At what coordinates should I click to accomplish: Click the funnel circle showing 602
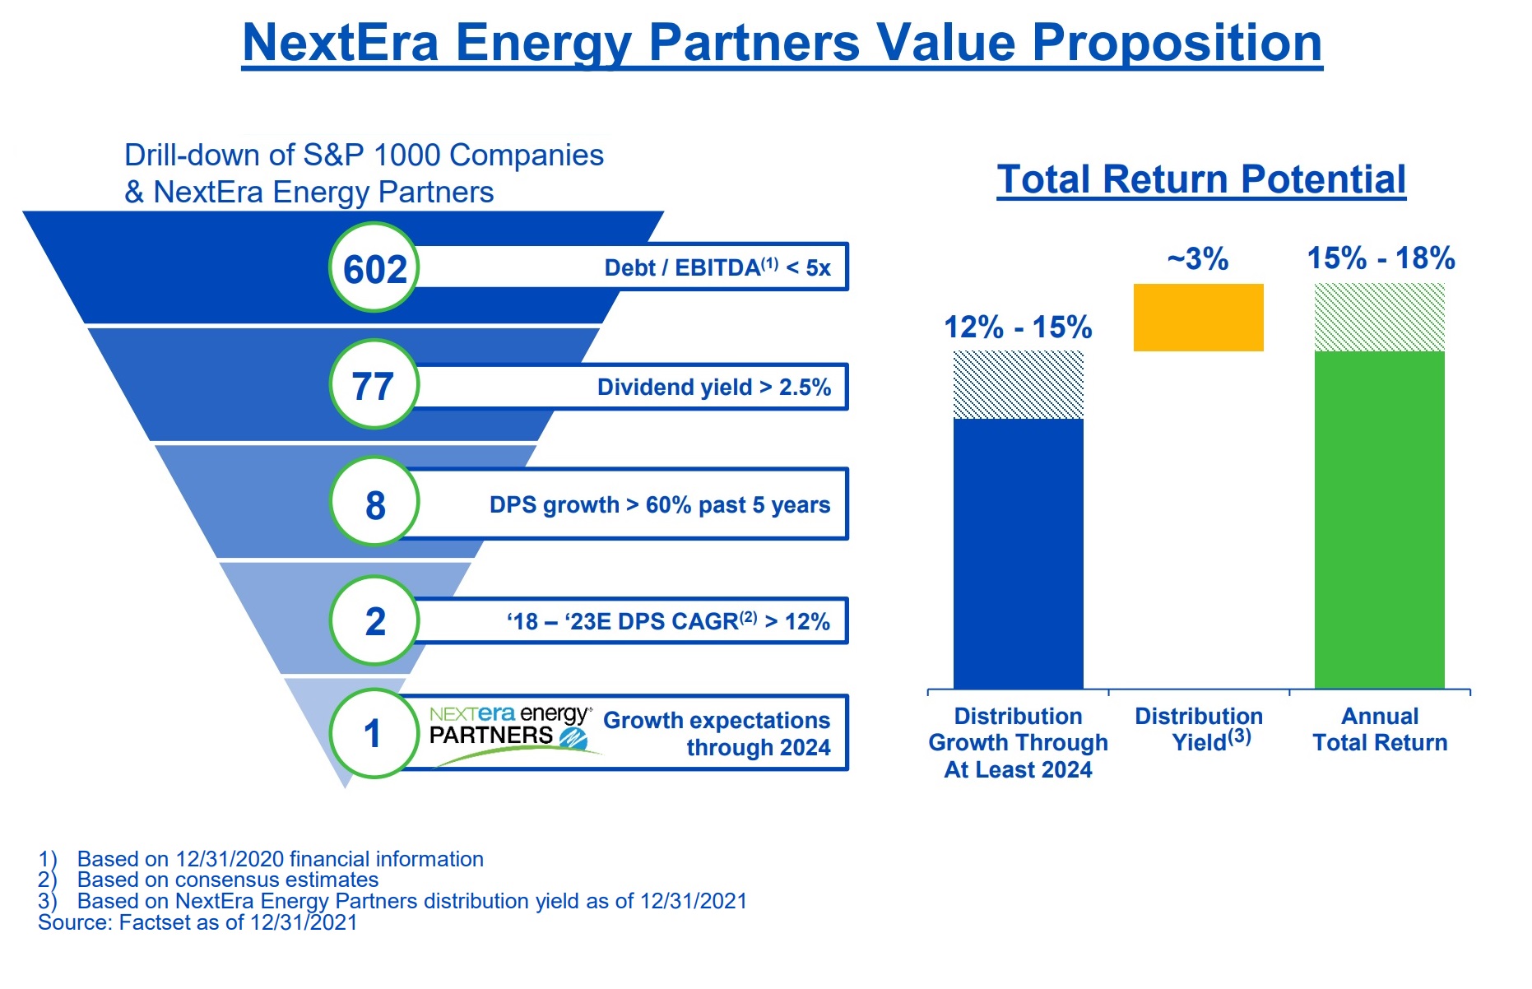[x=374, y=267]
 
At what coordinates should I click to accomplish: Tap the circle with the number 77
[x=374, y=384]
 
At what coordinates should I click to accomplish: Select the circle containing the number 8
[x=374, y=502]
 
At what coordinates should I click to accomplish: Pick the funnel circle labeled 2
[x=374, y=620]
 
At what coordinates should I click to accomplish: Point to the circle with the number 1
[x=374, y=733]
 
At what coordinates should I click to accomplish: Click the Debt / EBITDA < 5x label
[x=717, y=267]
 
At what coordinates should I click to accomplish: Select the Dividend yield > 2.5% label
[x=714, y=387]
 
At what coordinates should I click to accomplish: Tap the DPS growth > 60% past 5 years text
[x=660, y=504]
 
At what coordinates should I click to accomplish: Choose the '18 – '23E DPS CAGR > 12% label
[x=668, y=620]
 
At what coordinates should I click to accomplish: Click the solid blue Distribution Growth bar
[x=1019, y=554]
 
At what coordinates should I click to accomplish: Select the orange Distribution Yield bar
[x=1199, y=318]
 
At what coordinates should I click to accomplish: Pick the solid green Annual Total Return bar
[x=1380, y=520]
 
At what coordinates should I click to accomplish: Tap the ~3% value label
[x=1198, y=259]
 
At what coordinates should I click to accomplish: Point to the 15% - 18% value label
[x=1381, y=258]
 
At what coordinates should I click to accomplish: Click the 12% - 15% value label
[x=1018, y=327]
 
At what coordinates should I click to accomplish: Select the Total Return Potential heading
[x=1201, y=179]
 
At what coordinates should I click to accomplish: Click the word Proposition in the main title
[x=1177, y=43]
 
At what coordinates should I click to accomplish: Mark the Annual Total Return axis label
[x=1380, y=729]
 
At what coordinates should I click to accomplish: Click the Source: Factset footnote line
[x=197, y=922]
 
